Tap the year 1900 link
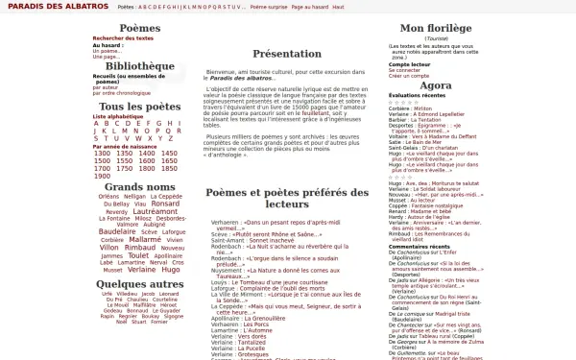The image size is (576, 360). tap(102, 176)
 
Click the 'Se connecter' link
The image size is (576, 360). tap(404, 70)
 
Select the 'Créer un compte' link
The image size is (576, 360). tap(407, 76)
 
